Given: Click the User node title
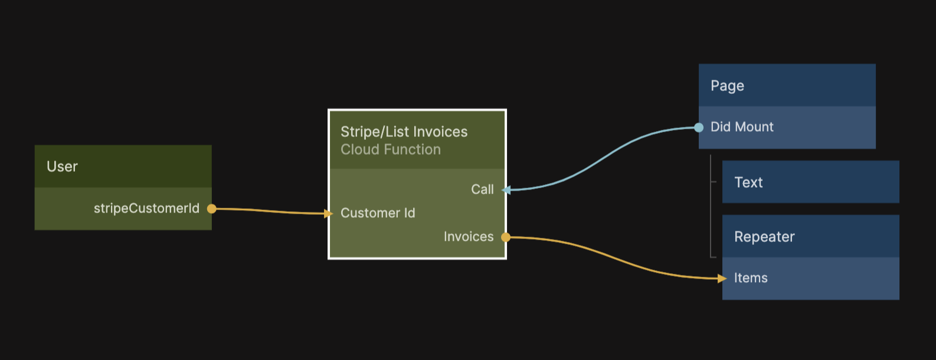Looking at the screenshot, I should click(62, 166).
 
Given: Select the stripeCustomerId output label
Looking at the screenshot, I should click(146, 208).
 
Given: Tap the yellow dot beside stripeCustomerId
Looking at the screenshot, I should click(211, 208).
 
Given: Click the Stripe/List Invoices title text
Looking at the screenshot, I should click(404, 132).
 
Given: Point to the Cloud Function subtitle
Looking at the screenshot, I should click(390, 150).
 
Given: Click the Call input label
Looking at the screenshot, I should click(482, 189).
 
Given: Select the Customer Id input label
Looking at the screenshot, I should click(378, 213).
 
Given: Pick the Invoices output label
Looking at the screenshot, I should click(469, 237).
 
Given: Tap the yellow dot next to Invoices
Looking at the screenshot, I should click(506, 237).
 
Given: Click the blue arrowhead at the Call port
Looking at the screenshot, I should click(506, 189).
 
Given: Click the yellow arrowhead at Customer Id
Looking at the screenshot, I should click(329, 213).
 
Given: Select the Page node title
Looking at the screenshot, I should click(727, 86).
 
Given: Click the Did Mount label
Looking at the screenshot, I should click(742, 127).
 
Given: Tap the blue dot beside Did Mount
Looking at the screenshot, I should click(699, 127).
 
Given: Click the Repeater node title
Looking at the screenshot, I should click(764, 237).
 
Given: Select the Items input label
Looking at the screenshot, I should click(751, 278).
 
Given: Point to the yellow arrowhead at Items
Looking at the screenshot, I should click(722, 278).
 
